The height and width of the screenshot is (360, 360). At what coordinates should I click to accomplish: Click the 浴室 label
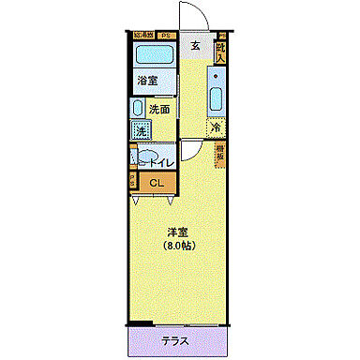146,81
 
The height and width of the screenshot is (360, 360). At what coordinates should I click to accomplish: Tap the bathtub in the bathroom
152,54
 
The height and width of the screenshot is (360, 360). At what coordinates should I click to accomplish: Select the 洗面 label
159,109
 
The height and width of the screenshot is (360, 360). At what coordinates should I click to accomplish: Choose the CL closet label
157,182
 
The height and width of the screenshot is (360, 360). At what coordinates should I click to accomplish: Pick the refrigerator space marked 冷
216,127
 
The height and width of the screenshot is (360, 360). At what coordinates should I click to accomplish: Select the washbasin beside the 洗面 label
136,108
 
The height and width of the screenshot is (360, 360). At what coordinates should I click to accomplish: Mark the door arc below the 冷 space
190,149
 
